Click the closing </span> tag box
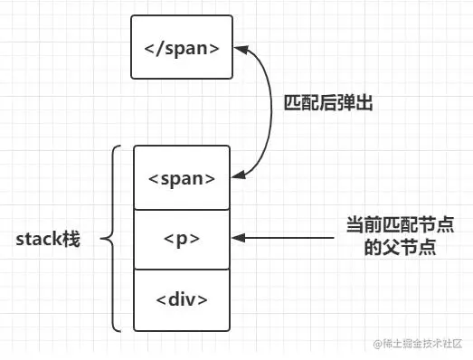pyautogui.click(x=182, y=46)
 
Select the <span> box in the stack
pyautogui.click(x=182, y=177)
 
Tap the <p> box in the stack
pyautogui.click(x=182, y=239)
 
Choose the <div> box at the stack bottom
pyautogui.click(x=182, y=299)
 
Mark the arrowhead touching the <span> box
pyautogui.click(x=237, y=176)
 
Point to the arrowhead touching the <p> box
pyautogui.click(x=237, y=239)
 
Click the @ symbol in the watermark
pyautogui.click(x=369, y=344)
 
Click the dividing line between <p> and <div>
pyautogui.click(x=182, y=270)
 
